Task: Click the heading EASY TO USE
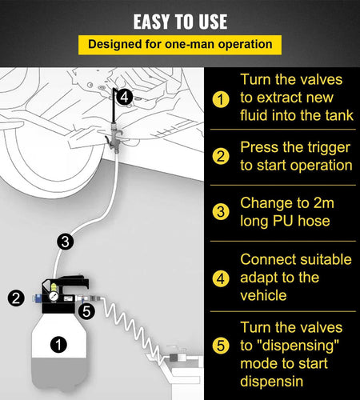(x=180, y=22)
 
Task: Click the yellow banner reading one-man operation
(x=180, y=45)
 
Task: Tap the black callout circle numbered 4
(x=125, y=97)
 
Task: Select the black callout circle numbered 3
(x=66, y=242)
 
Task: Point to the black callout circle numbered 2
(x=16, y=298)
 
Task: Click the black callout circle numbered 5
(x=87, y=311)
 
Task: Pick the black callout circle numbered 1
(x=58, y=344)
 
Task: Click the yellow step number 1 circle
(x=221, y=99)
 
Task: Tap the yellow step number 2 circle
(x=221, y=156)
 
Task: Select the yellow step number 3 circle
(x=221, y=212)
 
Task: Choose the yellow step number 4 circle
(x=221, y=279)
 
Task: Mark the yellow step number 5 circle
(x=221, y=346)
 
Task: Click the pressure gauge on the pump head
(x=54, y=296)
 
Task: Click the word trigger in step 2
(x=329, y=148)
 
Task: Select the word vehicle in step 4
(x=263, y=296)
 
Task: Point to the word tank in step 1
(x=339, y=115)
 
